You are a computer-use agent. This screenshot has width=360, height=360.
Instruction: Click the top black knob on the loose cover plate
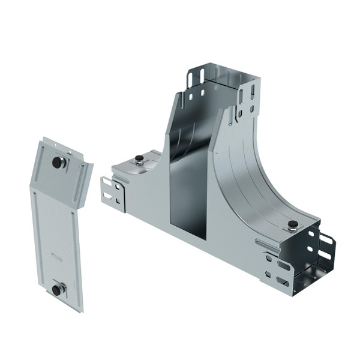point(58,162)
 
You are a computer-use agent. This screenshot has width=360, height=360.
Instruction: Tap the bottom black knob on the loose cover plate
point(57,290)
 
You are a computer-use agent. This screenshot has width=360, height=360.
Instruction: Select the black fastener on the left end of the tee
point(139,159)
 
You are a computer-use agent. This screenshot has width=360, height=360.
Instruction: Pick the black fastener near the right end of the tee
point(292,226)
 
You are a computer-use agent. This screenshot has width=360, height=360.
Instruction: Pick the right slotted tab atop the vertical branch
point(246,99)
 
